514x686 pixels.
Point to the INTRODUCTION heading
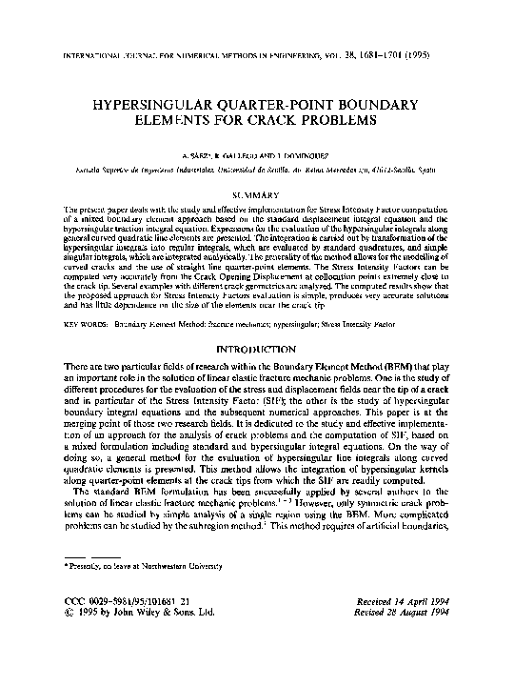pyautogui.click(x=257, y=350)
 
